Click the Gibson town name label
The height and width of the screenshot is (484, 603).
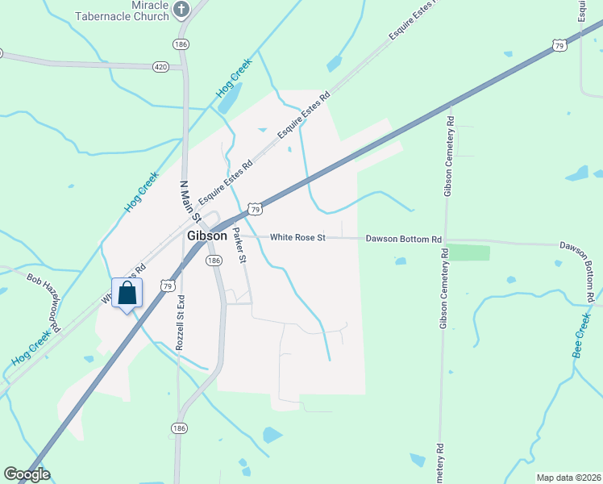click(207, 236)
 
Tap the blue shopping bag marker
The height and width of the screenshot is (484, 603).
click(127, 293)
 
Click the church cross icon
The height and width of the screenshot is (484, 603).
click(181, 10)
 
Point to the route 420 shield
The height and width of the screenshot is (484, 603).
click(160, 67)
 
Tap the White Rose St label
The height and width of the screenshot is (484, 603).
click(297, 238)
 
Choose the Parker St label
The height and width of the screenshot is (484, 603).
click(238, 245)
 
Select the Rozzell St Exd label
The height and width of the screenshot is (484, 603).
click(181, 321)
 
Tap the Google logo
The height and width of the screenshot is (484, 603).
click(27, 474)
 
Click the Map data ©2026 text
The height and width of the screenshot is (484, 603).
click(568, 478)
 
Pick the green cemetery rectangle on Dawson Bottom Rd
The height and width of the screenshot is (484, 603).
click(468, 252)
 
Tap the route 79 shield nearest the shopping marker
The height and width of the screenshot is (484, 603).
click(168, 286)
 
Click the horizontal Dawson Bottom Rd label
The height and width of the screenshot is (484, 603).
click(404, 240)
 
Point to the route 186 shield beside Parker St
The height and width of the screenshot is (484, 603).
click(213, 261)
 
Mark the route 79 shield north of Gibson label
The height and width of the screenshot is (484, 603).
click(255, 209)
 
